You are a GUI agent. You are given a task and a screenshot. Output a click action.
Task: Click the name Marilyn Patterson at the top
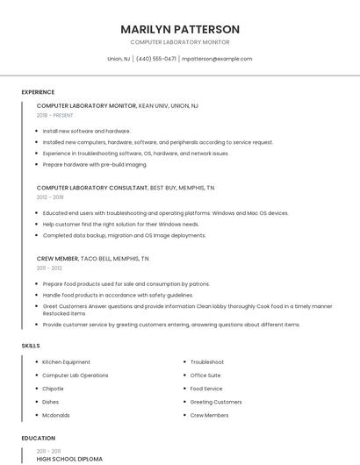click(180, 29)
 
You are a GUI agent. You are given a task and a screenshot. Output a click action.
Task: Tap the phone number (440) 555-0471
click(156, 59)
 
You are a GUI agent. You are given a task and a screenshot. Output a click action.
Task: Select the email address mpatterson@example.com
click(217, 59)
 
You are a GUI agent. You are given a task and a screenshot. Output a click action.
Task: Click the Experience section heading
click(38, 92)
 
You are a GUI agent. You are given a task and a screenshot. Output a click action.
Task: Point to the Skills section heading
click(31, 346)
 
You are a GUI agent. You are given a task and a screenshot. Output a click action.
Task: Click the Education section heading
click(39, 438)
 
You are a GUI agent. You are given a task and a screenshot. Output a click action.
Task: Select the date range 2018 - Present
click(55, 115)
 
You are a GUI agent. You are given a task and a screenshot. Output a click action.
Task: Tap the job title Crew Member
click(57, 259)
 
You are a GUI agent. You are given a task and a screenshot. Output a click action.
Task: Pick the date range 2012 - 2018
click(50, 197)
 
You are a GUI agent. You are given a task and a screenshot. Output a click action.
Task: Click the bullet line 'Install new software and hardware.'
click(86, 131)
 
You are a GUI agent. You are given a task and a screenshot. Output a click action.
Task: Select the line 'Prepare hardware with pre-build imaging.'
click(95, 165)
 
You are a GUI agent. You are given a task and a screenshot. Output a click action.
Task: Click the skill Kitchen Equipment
click(67, 361)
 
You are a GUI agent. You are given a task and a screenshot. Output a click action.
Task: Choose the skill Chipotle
click(54, 388)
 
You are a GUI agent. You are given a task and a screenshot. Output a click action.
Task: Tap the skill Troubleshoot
click(207, 361)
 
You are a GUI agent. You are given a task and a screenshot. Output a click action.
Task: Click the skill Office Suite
click(205, 375)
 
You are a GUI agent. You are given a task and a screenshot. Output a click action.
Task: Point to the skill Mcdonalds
click(56, 415)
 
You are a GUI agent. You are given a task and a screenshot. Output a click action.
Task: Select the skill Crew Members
click(209, 415)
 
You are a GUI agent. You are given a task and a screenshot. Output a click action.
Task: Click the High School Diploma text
click(69, 459)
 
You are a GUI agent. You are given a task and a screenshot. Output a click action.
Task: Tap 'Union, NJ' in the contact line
click(119, 59)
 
